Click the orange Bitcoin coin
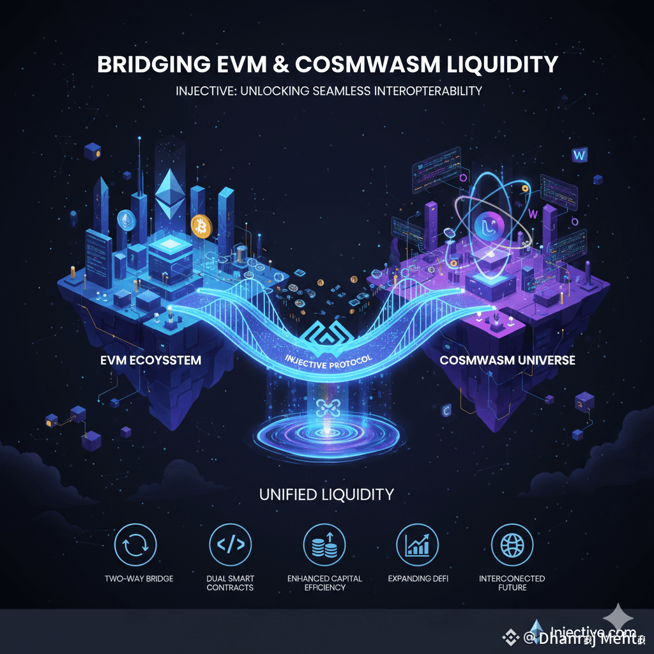coord(201,225)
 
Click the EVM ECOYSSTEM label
coord(151,360)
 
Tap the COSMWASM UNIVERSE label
coord(507,360)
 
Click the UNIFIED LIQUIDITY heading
coord(326,494)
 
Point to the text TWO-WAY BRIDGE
coord(139,579)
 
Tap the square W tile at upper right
coord(580,155)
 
